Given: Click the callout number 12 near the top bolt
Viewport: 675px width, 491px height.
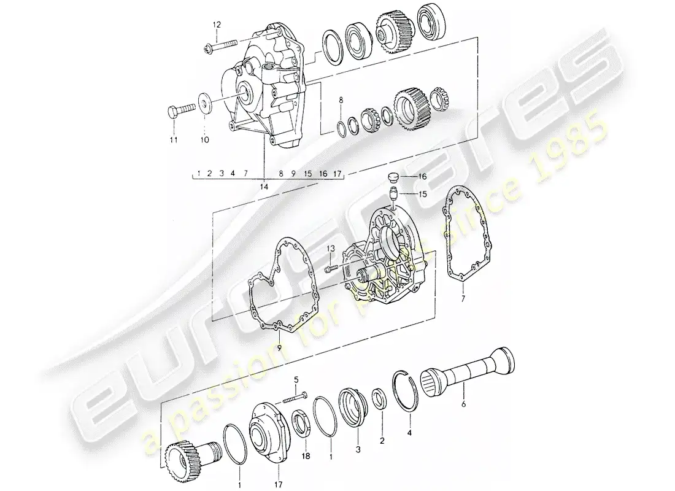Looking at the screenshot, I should coord(215,24).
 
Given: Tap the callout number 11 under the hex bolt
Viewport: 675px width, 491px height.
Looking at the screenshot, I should coord(174,140).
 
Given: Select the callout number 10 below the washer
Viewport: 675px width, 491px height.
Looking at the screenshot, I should coord(204,140).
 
